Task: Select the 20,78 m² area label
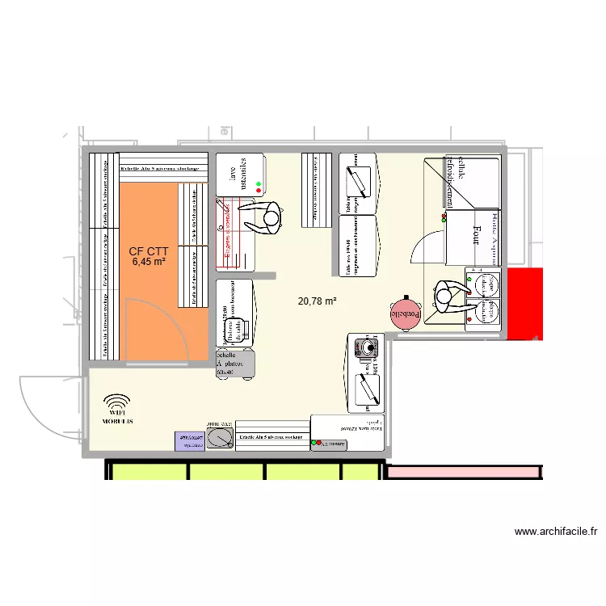[x=317, y=301]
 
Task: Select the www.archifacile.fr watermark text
[x=557, y=532]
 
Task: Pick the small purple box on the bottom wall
[x=191, y=440]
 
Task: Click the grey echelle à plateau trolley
[x=235, y=364]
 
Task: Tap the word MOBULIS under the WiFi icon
[x=118, y=423]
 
